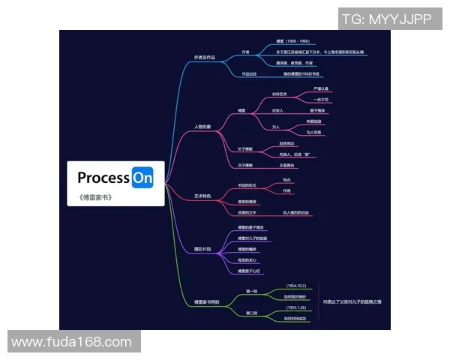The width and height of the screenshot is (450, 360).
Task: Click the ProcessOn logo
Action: click(115, 178)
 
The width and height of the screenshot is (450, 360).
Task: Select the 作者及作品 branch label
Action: click(204, 57)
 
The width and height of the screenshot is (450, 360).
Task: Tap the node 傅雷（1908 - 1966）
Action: click(292, 41)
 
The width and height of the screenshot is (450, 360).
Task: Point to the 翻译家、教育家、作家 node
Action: click(293, 63)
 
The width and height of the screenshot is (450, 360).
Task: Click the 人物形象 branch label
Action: click(202, 127)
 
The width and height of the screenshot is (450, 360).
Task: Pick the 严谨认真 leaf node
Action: click(321, 88)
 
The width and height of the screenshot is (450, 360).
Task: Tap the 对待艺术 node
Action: click(280, 94)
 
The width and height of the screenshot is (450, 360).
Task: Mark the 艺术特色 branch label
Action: click(202, 196)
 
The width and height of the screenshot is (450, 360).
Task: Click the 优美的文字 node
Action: click(247, 213)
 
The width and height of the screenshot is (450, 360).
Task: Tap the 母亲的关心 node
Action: click(247, 260)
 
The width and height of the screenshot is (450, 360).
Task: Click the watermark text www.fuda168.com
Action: click(71, 342)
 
